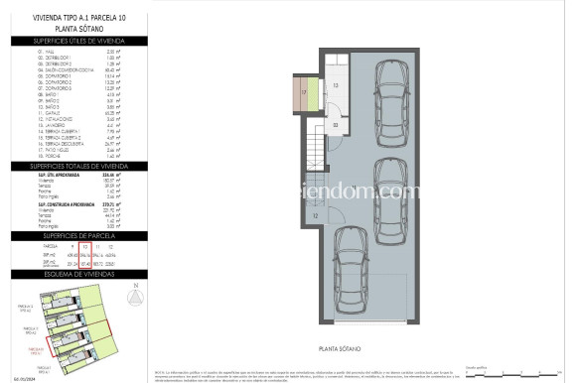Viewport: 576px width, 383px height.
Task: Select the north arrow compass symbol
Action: coord(133,298)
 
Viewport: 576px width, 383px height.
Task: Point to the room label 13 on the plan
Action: coord(336,87)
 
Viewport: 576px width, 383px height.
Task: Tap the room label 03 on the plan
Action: coord(336,125)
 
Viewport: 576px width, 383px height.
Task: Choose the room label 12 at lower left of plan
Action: coord(315,215)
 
